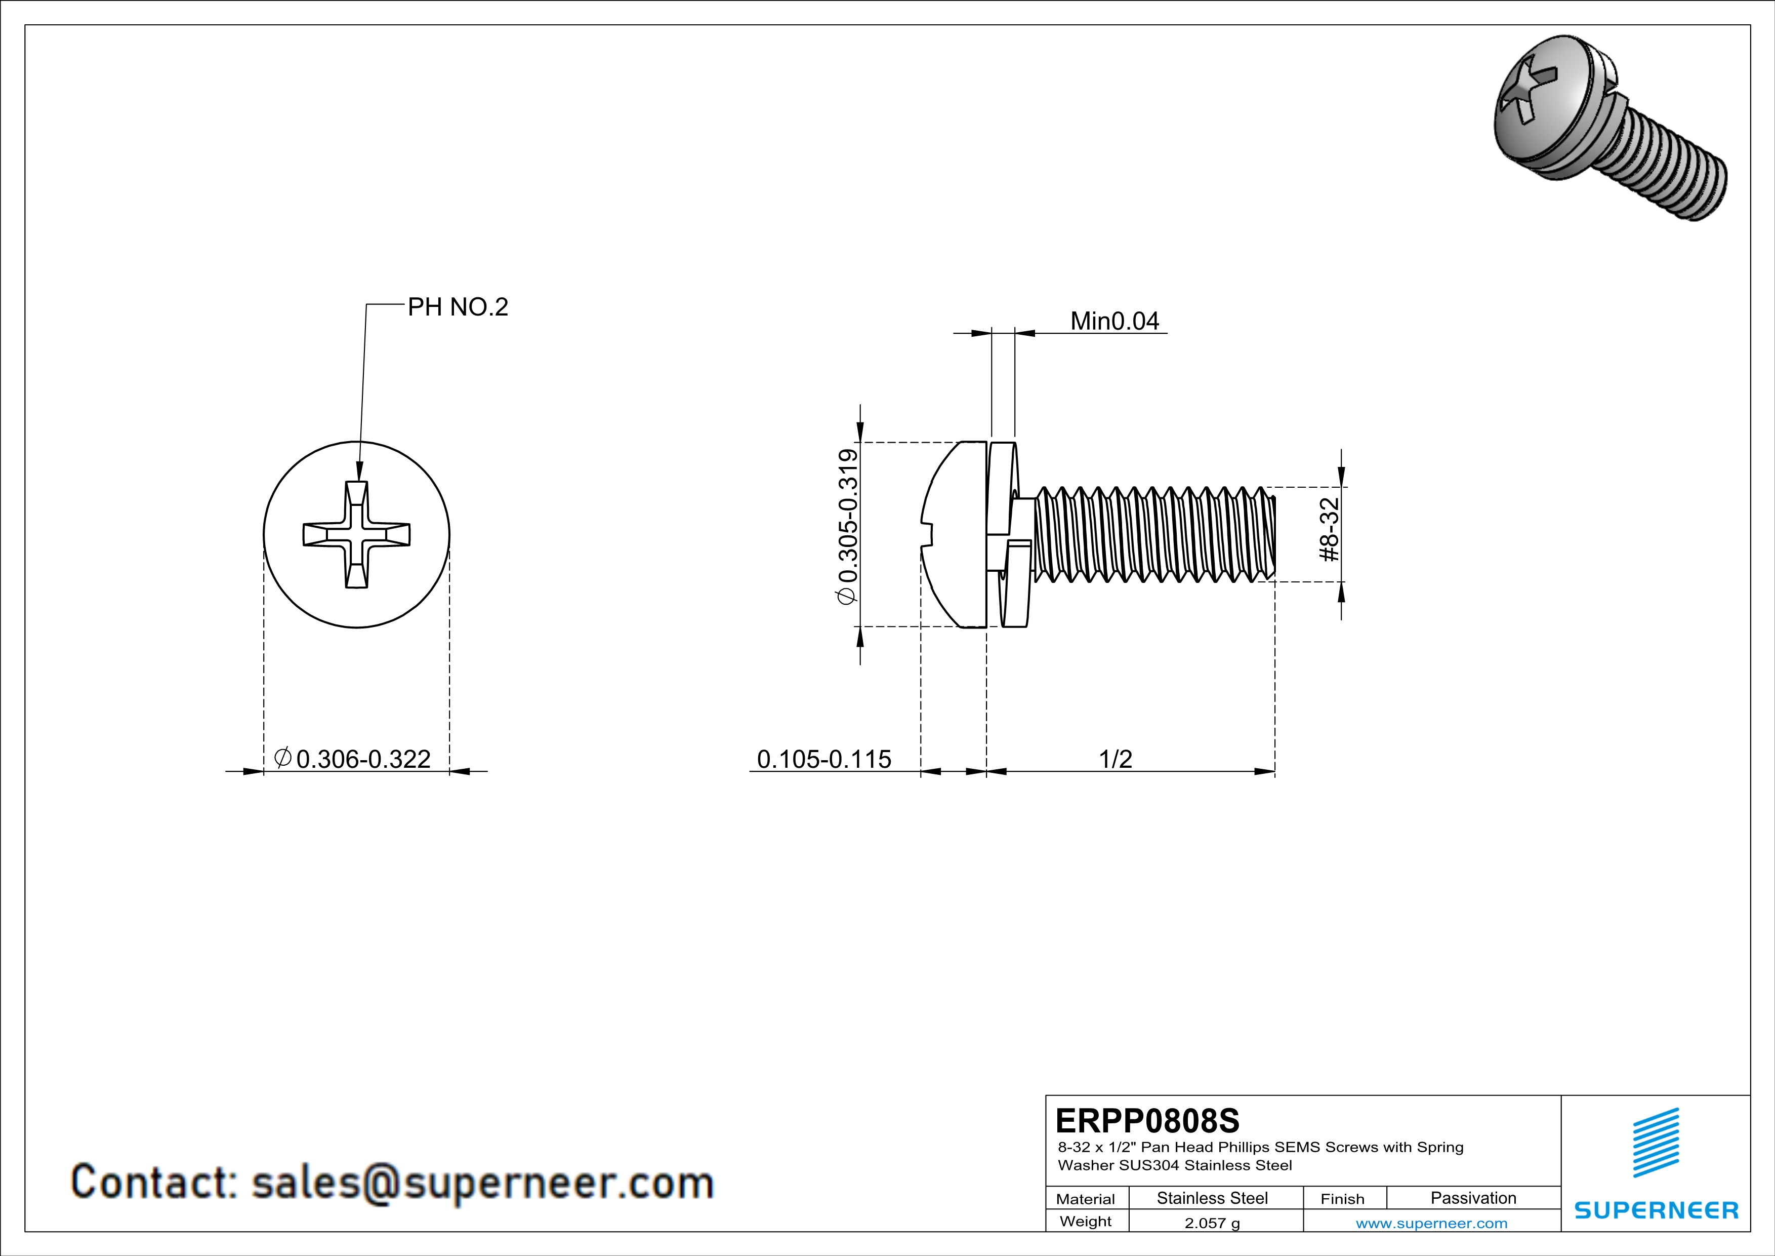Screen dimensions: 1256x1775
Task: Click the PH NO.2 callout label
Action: coord(458,307)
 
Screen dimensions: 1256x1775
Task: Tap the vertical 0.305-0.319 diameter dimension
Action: coord(847,526)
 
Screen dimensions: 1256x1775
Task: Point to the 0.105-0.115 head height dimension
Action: coord(823,759)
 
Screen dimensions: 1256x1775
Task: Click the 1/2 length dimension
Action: coord(1115,759)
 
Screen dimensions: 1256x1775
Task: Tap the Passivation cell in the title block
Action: coord(1473,1198)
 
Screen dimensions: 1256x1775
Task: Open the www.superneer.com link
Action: coord(1431,1223)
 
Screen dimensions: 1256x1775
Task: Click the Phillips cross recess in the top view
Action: coord(356,534)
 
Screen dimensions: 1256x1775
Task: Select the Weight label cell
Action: coord(1086,1221)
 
